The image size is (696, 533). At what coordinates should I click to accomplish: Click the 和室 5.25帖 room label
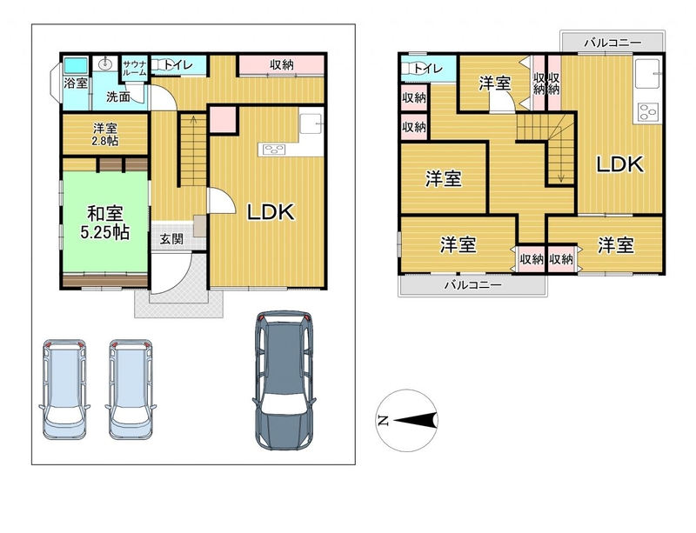click(x=104, y=223)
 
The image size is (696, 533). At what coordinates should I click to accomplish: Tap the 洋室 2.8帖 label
click(x=105, y=135)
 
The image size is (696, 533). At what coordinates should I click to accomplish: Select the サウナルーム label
click(x=135, y=68)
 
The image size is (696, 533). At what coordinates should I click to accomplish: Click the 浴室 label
click(x=76, y=83)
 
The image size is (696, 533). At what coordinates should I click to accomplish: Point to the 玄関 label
click(x=171, y=239)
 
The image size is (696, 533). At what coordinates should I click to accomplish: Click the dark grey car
click(x=284, y=380)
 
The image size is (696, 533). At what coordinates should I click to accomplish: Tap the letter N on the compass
click(x=384, y=420)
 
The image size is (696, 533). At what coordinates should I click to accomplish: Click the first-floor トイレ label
click(x=177, y=65)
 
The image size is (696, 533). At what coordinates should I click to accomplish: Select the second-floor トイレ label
click(x=428, y=69)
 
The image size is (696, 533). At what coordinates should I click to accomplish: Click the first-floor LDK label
click(x=271, y=212)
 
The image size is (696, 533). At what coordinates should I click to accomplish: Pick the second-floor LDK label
click(x=619, y=164)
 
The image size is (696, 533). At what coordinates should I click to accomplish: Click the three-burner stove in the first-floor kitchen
click(x=272, y=150)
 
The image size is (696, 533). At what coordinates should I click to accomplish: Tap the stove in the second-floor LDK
click(x=647, y=112)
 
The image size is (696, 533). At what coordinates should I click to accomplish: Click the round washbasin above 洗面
click(x=105, y=63)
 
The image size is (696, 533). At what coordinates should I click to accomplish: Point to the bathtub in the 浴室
click(x=76, y=66)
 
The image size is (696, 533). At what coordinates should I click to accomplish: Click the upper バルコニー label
click(x=612, y=43)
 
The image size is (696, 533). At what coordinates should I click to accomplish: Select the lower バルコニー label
click(x=472, y=284)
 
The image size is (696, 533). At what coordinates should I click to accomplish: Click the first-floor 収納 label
click(x=282, y=65)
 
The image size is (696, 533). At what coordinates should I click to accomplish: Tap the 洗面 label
click(x=118, y=97)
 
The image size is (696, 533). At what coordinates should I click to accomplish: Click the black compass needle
click(x=414, y=420)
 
